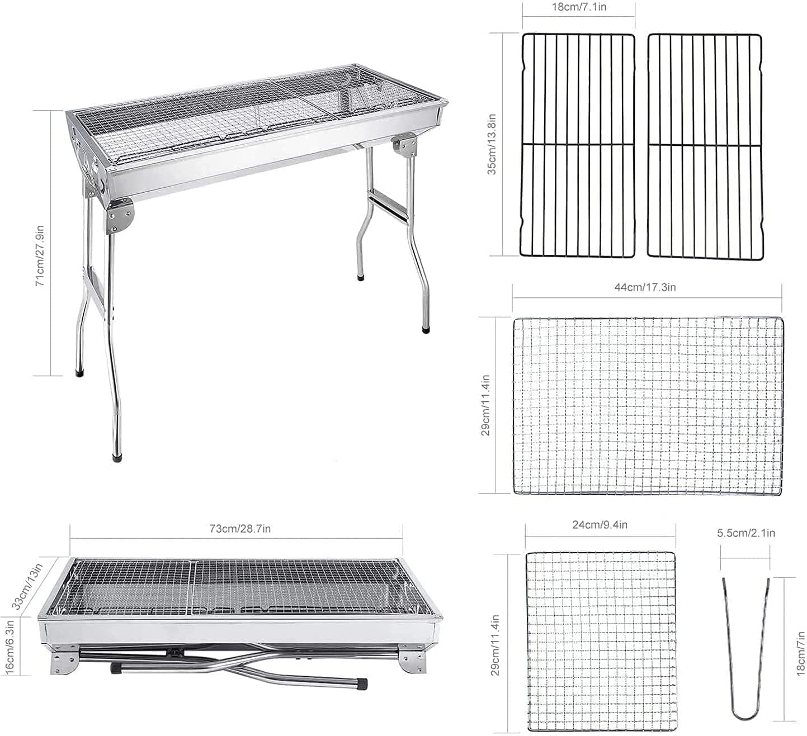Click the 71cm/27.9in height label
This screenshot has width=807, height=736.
[40, 256]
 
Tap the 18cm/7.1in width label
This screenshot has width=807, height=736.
[579, 7]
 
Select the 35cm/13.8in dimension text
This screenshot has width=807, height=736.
[492, 145]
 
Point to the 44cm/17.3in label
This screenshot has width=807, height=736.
[645, 287]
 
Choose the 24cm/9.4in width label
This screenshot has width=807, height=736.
[600, 525]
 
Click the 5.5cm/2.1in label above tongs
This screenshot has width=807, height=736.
[746, 533]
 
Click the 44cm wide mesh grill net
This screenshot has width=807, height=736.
[648, 406]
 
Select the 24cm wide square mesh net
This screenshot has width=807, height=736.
[601, 642]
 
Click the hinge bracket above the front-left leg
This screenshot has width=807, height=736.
[121, 217]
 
